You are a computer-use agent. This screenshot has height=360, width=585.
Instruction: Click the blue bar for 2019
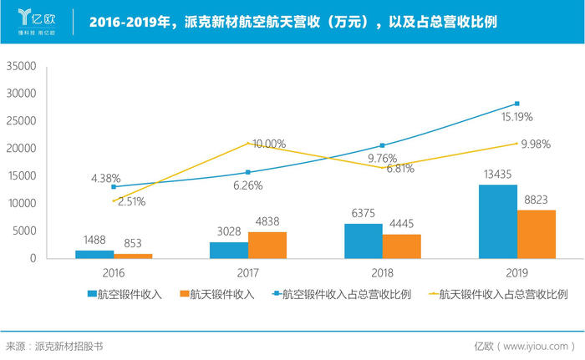tap(497, 221)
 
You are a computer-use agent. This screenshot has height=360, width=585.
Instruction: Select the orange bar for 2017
tap(267, 245)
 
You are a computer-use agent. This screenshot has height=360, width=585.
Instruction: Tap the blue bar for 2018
tap(363, 241)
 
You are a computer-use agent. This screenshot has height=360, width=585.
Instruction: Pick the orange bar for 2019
tap(537, 234)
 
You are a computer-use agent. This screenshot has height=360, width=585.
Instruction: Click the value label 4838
tap(268, 222)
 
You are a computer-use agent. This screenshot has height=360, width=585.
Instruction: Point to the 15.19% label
tap(516, 117)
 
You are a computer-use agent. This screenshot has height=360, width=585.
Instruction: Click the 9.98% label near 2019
tap(535, 144)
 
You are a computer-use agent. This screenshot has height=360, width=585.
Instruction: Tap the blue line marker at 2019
tap(517, 104)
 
